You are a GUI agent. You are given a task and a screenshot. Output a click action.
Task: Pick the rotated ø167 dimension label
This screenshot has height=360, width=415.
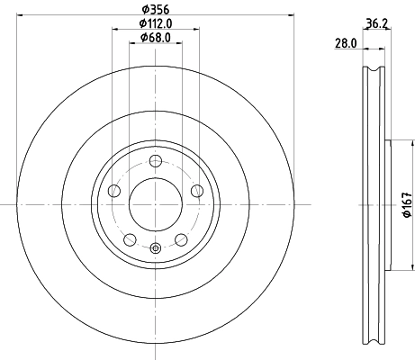[404, 206]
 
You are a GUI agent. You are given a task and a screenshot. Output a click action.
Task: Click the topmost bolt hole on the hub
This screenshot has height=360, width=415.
[155, 161]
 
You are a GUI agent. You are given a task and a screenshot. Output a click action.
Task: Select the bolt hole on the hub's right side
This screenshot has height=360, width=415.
[196, 190]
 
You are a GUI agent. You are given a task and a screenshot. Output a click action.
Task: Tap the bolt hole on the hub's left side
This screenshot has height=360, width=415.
[113, 191]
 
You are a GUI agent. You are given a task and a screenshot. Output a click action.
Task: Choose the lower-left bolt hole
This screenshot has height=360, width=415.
[130, 239]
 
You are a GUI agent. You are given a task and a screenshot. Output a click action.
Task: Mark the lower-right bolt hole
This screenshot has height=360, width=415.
[180, 239]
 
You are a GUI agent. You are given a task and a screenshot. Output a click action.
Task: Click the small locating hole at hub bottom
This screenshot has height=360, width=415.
[155, 249]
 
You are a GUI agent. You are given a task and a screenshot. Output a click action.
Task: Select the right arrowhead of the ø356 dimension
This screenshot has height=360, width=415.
[292, 14]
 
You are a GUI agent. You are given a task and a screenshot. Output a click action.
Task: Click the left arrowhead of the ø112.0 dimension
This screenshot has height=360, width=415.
[114, 29]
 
